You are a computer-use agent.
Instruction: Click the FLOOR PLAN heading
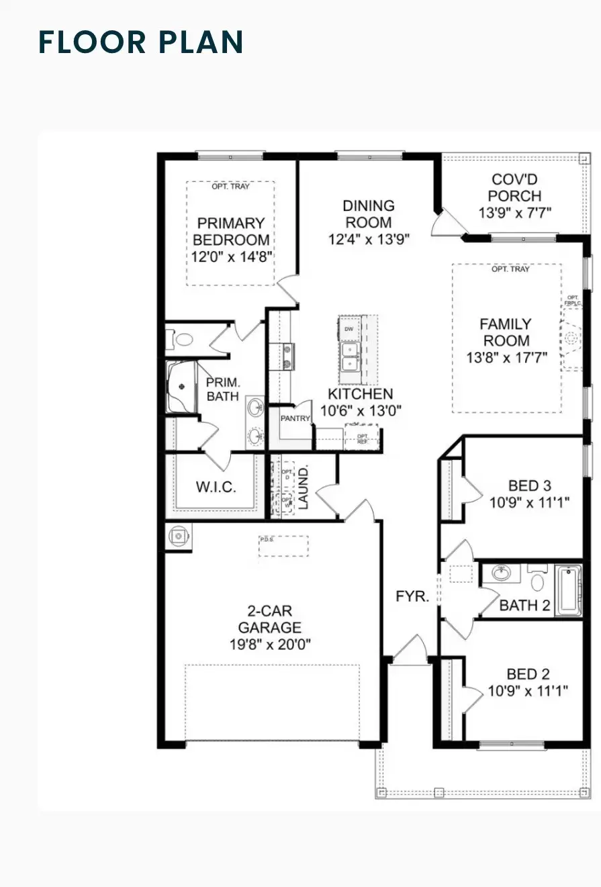pyautogui.click(x=141, y=41)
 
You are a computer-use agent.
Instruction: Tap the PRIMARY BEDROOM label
pyautogui.click(x=232, y=232)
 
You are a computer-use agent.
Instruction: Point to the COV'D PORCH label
pyautogui.click(x=515, y=188)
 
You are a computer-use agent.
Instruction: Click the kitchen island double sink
pyautogui.click(x=349, y=356)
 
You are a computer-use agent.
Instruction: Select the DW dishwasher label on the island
pyautogui.click(x=349, y=329)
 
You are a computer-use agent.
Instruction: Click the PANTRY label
pyautogui.click(x=295, y=419)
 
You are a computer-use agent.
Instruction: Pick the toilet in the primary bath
pyautogui.click(x=182, y=340)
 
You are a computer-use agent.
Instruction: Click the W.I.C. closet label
pyautogui.click(x=216, y=487)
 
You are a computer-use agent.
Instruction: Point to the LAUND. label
pyautogui.click(x=304, y=487)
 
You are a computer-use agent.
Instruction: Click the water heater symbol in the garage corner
pyautogui.click(x=178, y=536)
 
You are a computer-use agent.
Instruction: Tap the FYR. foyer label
pyautogui.click(x=412, y=596)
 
